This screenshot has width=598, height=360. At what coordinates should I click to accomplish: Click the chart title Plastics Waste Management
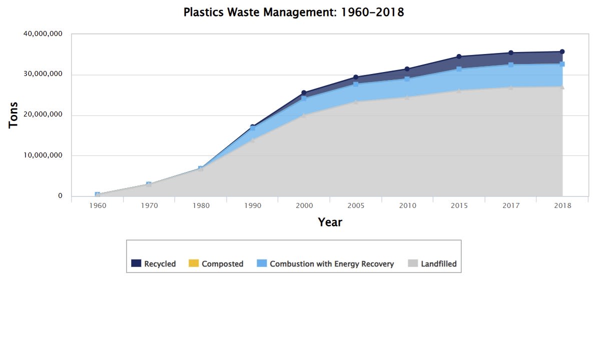[x=293, y=12]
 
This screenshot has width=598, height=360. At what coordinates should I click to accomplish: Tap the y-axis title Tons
[x=14, y=115]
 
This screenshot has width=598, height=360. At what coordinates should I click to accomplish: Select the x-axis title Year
[x=330, y=222]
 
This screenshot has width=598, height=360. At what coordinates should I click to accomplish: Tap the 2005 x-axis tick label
[x=356, y=205]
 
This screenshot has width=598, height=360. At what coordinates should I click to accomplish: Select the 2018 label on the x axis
[x=562, y=205]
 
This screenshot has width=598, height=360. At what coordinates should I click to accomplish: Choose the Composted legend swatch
[x=193, y=263]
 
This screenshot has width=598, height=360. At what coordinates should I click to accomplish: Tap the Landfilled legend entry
[x=438, y=264]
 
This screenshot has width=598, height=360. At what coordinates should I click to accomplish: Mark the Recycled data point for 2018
[x=562, y=51]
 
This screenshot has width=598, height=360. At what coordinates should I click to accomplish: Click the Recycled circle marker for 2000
[x=304, y=93]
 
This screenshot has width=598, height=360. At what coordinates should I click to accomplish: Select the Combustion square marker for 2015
[x=459, y=69]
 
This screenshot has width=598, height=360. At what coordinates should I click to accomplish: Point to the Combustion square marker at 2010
[x=407, y=79]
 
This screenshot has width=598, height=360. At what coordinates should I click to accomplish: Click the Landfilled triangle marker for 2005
[x=356, y=102]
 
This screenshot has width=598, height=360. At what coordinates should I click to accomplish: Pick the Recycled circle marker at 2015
[x=459, y=56]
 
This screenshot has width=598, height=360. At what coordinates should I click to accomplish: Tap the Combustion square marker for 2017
[x=510, y=65]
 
